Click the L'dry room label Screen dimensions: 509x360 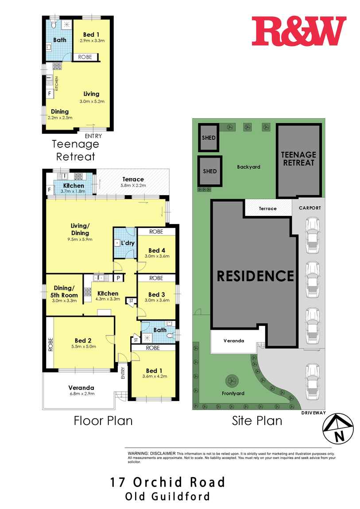(x=128, y=243)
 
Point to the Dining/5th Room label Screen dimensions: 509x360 (x=65, y=291)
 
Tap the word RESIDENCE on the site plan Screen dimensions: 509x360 (x=255, y=276)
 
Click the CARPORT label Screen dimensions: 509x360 (x=309, y=208)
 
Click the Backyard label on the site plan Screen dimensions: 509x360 (x=248, y=167)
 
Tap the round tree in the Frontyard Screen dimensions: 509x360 (x=231, y=380)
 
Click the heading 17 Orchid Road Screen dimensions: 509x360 (x=168, y=482)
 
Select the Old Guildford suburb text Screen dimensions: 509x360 (x=168, y=497)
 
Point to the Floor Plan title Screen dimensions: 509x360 (x=103, y=420)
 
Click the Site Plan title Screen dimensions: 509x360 (x=257, y=420)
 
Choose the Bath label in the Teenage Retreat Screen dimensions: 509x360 (x=60, y=40)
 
